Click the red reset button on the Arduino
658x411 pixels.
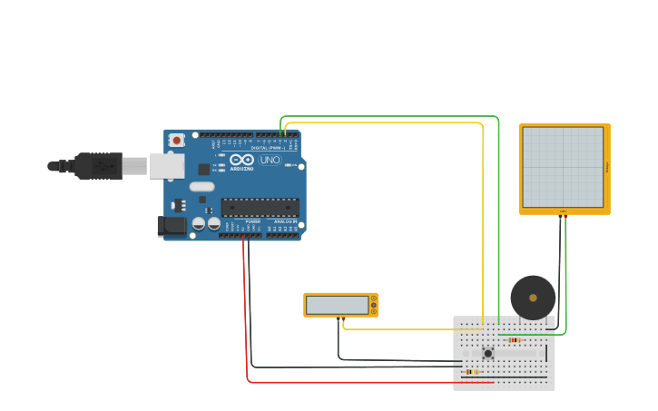click(x=176, y=140)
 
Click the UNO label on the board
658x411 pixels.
click(x=270, y=160)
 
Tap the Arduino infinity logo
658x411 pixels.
click(x=241, y=160)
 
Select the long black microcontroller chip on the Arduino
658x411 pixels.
click(x=260, y=208)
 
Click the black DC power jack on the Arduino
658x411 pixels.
click(x=170, y=226)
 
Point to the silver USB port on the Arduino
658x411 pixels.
click(x=167, y=166)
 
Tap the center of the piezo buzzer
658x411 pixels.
click(x=533, y=298)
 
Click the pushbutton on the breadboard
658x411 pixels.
click(x=487, y=353)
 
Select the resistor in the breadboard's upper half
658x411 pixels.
click(x=515, y=340)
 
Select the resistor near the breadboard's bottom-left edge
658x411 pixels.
click(x=471, y=371)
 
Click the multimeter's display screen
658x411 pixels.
click(x=337, y=305)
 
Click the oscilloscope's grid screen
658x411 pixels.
click(x=563, y=167)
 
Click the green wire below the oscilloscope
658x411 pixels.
click(x=565, y=272)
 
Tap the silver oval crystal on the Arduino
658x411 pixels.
click(x=201, y=187)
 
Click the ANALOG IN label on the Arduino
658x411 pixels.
click(x=283, y=221)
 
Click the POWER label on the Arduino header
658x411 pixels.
click(x=252, y=221)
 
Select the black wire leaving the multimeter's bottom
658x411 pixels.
click(x=339, y=340)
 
